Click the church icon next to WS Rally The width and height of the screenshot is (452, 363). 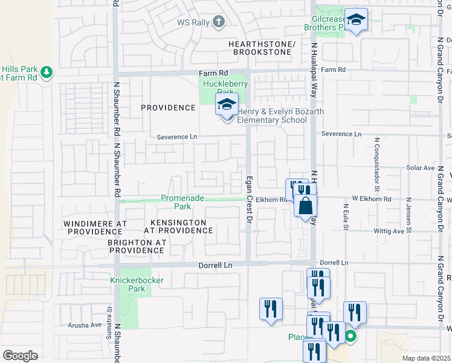pyautogui.click(x=219, y=22)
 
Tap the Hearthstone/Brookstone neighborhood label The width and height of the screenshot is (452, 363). pyautogui.click(x=262, y=48)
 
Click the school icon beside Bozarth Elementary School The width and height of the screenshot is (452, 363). pyautogui.click(x=227, y=105)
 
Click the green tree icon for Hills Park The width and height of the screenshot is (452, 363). pyautogui.click(x=47, y=73)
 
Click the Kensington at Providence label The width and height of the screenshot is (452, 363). pyautogui.click(x=178, y=227)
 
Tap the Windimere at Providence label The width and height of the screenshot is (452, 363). pyautogui.click(x=95, y=227)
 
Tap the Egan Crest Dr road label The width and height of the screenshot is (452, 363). pyautogui.click(x=248, y=203)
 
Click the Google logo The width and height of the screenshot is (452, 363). pyautogui.click(x=20, y=355)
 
